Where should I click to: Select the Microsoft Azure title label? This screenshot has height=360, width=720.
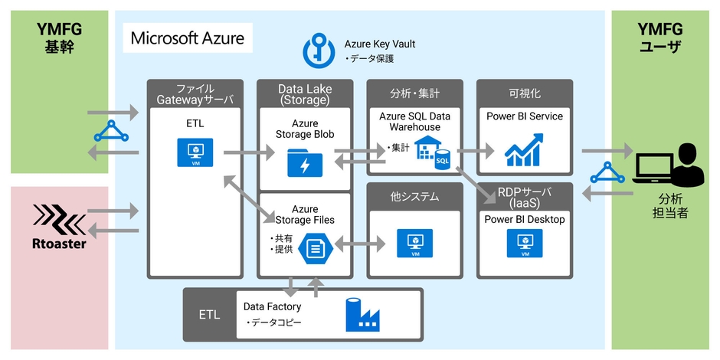pyautogui.click(x=188, y=38)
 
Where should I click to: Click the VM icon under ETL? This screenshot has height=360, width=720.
pyautogui.click(x=195, y=151)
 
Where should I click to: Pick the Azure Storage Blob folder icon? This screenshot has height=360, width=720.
pyautogui.click(x=305, y=162)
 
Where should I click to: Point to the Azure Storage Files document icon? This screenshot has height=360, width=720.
pyautogui.click(x=313, y=247)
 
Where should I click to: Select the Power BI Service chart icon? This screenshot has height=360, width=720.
pyautogui.click(x=525, y=150)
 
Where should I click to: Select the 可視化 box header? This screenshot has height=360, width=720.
pyautogui.click(x=525, y=93)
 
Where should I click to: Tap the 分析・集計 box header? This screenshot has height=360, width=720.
pyautogui.click(x=414, y=93)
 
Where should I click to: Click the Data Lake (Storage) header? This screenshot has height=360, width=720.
pyautogui.click(x=304, y=93)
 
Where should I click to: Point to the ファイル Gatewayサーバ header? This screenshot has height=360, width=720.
pyautogui.click(x=195, y=93)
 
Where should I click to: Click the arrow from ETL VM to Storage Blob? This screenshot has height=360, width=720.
pyautogui.click(x=249, y=153)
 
